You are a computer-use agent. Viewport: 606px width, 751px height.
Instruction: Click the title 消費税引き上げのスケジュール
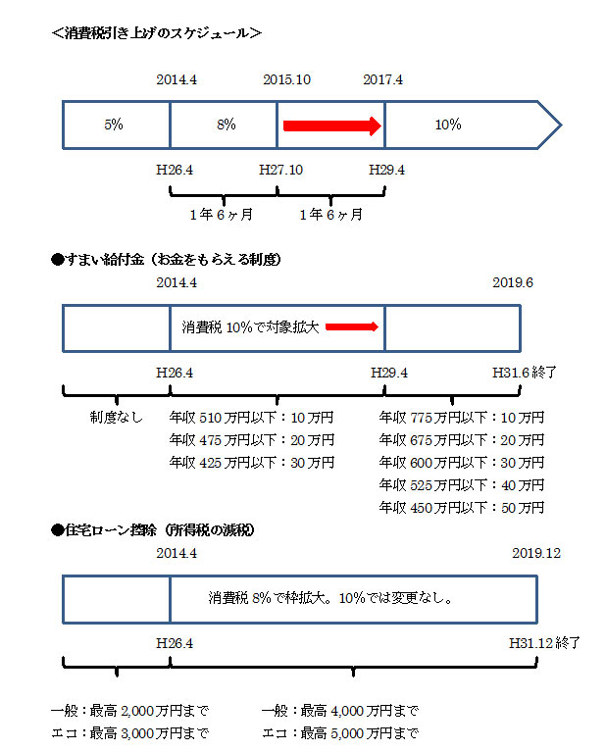(x=157, y=32)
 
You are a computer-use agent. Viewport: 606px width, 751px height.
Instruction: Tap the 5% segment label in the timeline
(x=113, y=125)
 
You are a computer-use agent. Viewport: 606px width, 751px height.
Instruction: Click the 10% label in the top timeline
(x=448, y=125)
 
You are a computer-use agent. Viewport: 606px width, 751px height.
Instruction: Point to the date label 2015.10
(x=287, y=79)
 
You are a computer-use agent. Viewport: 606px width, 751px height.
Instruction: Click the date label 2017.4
(x=382, y=79)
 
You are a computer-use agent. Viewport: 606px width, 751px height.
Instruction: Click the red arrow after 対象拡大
(x=352, y=327)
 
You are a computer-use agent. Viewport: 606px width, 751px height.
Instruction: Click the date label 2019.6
(x=513, y=282)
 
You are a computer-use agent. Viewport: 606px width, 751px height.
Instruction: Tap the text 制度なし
(x=116, y=417)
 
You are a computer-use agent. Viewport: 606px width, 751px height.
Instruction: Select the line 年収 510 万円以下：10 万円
(x=252, y=417)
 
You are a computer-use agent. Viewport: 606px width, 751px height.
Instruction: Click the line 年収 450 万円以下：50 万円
(x=462, y=507)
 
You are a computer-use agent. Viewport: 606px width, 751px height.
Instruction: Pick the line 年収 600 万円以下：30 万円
(x=462, y=462)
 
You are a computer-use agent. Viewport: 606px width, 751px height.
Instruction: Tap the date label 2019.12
(x=536, y=553)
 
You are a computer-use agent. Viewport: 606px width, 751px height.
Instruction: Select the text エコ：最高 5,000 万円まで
(x=340, y=732)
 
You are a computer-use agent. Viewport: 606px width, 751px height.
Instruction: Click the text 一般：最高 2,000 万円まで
(x=129, y=710)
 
